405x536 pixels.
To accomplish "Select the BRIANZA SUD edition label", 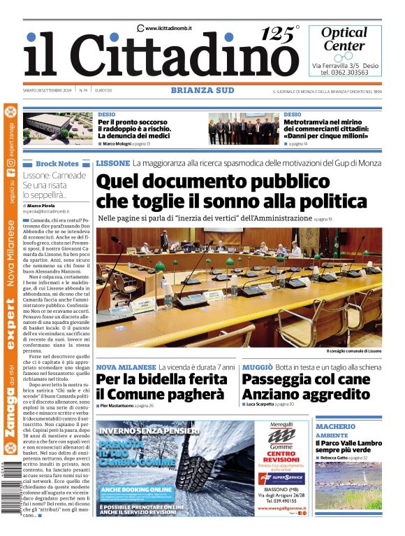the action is click(202, 90).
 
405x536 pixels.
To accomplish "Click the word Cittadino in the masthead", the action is click(186, 58).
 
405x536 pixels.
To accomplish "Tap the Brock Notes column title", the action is click(57, 163).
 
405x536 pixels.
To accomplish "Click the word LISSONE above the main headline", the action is click(112, 163).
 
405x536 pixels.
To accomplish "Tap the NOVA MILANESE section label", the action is click(126, 367).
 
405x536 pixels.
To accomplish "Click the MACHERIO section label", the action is click(334, 426).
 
